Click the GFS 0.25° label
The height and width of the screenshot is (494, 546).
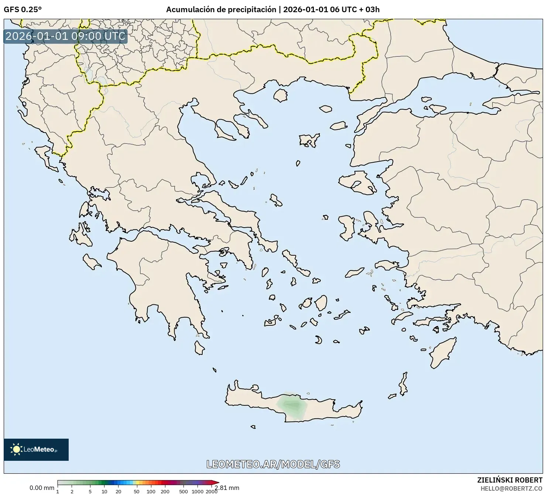pos(23,10)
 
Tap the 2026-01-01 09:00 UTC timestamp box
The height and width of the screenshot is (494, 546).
pos(65,36)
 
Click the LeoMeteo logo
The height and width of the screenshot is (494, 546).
pos(36,449)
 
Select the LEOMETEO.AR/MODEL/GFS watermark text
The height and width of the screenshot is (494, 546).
pos(273,464)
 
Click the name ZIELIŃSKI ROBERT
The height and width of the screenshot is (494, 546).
pos(510,480)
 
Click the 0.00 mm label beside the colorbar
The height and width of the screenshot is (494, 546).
pos(42,488)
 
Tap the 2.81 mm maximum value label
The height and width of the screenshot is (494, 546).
pos(227,488)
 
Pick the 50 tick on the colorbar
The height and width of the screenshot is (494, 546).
pos(137,491)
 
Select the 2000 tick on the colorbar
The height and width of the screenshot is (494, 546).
pos(212,491)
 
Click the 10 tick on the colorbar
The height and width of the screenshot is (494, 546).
pos(104,491)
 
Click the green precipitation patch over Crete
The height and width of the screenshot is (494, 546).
pos(292,406)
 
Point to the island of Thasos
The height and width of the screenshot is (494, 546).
pos(281,96)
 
